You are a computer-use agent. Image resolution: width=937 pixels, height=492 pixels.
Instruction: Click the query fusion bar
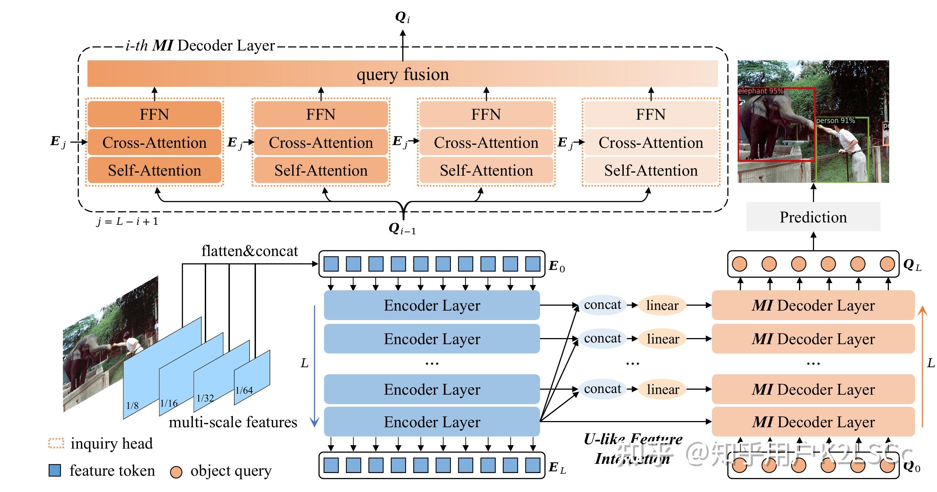coord(402,74)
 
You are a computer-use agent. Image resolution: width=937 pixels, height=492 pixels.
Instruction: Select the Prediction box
coord(813,217)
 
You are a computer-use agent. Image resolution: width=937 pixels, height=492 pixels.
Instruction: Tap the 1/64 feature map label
coord(244,391)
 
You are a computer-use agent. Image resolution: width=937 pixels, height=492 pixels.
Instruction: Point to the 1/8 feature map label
coord(133,406)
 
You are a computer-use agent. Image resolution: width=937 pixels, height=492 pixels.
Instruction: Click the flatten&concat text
coord(250,251)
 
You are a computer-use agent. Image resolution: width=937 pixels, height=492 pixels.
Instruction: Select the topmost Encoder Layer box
coord(432,305)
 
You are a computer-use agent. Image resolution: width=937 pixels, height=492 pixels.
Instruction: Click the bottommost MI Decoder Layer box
coord(813,422)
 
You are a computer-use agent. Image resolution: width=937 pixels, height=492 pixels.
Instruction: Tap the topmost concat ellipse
coord(602,304)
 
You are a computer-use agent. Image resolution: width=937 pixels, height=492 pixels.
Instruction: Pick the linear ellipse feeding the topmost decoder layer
coord(662,305)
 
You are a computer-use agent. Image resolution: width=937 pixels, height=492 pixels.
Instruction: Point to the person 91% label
coord(835,120)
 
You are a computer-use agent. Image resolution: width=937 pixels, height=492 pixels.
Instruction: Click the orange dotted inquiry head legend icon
coord(56,443)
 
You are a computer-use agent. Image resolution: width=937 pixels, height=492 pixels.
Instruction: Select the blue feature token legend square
coord(55,470)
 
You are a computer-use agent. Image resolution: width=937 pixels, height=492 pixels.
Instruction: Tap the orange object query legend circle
coord(176,472)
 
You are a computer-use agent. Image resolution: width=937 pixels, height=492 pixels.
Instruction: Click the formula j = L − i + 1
coord(127,221)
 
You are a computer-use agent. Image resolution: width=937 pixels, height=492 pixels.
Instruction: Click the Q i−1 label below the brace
coord(402,229)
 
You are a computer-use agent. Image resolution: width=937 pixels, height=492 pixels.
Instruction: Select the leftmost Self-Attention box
coord(154,170)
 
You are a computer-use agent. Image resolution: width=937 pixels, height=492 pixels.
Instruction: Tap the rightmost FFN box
coord(651,114)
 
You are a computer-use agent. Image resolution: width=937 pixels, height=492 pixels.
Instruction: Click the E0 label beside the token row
coord(557,267)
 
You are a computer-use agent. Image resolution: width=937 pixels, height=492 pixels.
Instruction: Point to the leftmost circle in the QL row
coord(739,264)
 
